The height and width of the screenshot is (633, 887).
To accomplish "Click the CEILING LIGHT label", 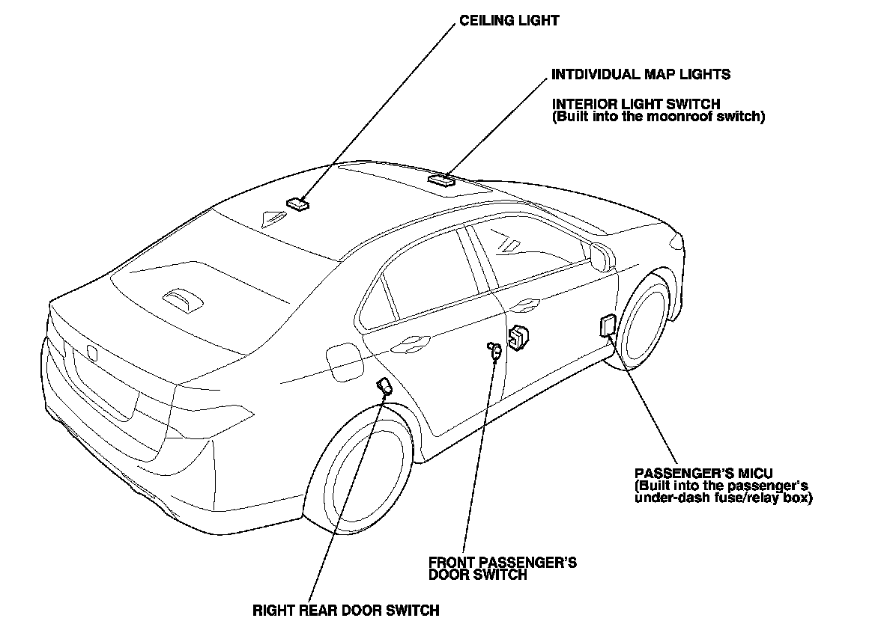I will click(509, 21).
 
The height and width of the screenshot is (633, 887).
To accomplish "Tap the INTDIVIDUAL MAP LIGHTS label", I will click(641, 75).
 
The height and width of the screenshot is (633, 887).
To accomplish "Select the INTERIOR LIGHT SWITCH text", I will click(636, 104).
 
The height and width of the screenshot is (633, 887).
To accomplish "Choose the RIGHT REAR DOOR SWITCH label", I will click(345, 611).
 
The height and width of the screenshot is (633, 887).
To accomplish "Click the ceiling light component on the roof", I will click(298, 204).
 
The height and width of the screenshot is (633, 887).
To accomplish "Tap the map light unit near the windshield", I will click(441, 180).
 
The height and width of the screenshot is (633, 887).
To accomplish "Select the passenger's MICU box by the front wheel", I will click(608, 326).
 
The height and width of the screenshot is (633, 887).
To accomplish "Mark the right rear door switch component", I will click(384, 386).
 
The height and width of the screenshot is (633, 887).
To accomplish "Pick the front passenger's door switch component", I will click(495, 349).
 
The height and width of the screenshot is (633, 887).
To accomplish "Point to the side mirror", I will click(599, 254).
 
